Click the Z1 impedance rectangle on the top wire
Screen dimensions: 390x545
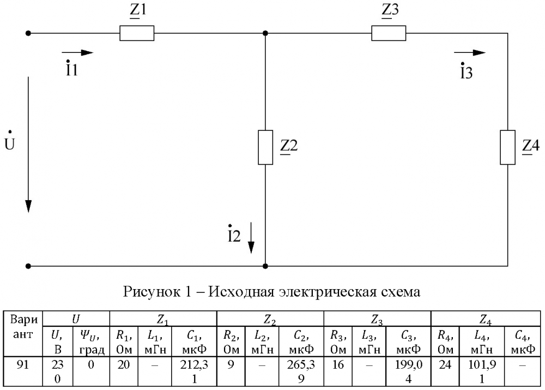[137, 34]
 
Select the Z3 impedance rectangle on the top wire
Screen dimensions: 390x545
[389, 34]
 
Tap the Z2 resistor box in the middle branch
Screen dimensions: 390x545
[265, 147]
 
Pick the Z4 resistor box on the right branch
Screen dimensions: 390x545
[508, 147]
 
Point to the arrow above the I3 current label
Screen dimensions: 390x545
[469, 53]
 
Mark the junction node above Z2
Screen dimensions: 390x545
[265, 33]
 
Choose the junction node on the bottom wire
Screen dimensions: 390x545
[265, 266]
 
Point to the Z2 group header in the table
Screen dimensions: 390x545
[270, 316]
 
